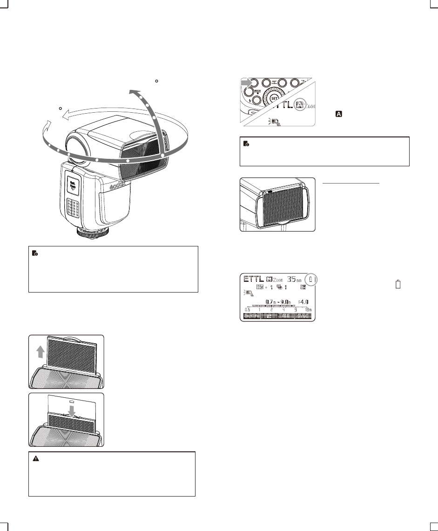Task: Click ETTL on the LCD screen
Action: (x=253, y=279)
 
